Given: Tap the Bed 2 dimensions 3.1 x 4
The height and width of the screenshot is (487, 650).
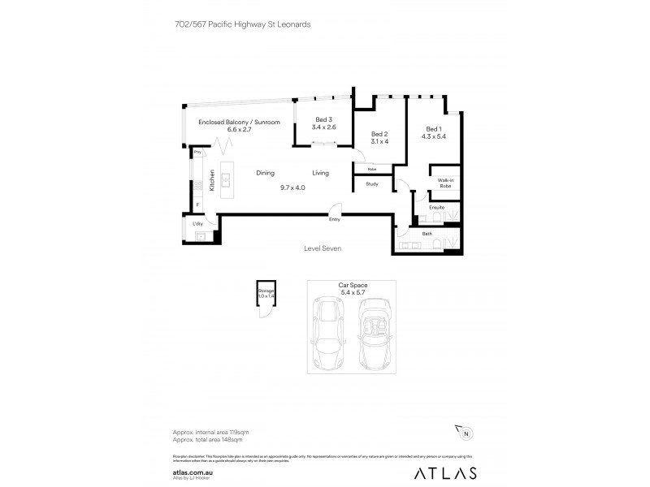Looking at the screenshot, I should tap(379, 141).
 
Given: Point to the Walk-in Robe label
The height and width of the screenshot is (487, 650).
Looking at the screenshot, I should tap(444, 183).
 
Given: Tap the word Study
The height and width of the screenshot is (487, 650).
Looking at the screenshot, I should tap(372, 184).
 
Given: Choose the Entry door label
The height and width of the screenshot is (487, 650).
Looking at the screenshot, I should tap(334, 219).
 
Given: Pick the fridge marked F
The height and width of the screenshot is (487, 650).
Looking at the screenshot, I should tap(197, 205).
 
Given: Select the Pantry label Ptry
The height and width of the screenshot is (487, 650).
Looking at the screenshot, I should tap(197, 152).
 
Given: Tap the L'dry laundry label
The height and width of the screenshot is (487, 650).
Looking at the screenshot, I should tap(197, 223).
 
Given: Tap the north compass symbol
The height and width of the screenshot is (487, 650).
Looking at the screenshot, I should tap(464, 433).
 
